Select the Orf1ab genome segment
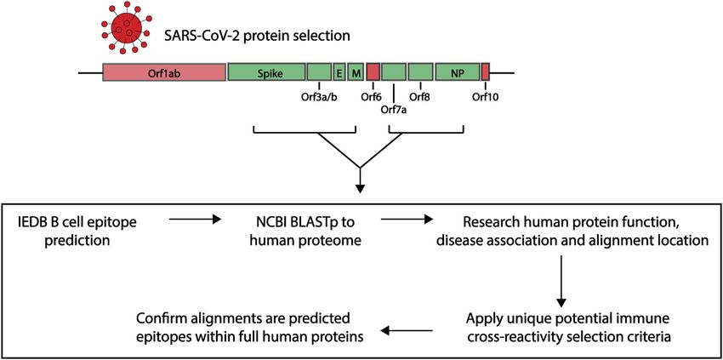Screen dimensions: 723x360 163,72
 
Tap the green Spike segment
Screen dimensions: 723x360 266,72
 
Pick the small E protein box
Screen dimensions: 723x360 339,72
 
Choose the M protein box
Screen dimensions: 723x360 356,72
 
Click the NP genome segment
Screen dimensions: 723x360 458,72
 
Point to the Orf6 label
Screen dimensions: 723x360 373,97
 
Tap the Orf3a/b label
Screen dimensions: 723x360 319,97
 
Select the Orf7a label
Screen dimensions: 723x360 393,110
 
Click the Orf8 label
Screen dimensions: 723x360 419,97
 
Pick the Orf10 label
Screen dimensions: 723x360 485,97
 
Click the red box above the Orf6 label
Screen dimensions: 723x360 373,72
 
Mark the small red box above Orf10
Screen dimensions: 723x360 486,72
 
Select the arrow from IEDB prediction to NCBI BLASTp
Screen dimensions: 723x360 196,220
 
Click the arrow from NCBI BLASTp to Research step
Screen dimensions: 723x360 407,220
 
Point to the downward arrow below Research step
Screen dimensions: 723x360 561,281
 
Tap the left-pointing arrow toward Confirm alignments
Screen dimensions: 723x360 407,330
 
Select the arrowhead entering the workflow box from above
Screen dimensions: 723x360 361,188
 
